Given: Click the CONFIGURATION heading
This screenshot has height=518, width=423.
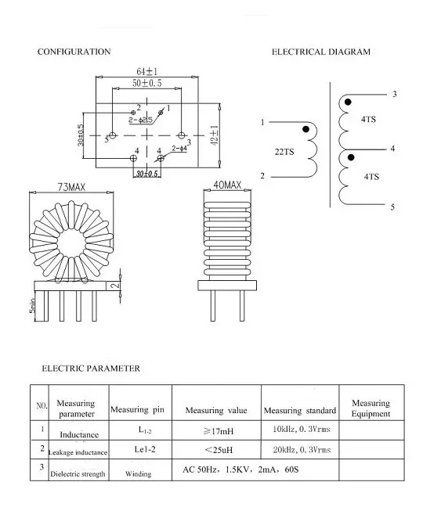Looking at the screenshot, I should pyautogui.click(x=74, y=52).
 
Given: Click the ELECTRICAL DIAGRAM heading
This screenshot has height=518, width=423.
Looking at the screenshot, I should pyautogui.click(x=321, y=52).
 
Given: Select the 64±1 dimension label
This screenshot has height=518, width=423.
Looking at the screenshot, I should pyautogui.click(x=146, y=71).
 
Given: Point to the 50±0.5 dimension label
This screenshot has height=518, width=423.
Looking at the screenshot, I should pyautogui.click(x=146, y=82).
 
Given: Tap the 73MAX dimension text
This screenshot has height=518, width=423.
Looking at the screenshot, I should pyautogui.click(x=71, y=186).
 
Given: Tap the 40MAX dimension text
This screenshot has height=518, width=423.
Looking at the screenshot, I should pyautogui.click(x=227, y=185).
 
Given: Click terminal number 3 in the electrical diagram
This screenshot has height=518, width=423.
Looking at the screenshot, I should pyautogui.click(x=394, y=94).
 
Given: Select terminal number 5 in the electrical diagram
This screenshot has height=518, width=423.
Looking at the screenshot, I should pyautogui.click(x=392, y=207).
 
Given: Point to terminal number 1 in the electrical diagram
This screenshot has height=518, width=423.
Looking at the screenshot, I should pyautogui.click(x=262, y=123).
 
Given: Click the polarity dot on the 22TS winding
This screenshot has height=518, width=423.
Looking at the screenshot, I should pyautogui.click(x=305, y=129).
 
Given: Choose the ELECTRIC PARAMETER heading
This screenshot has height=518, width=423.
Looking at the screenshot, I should pyautogui.click(x=90, y=368).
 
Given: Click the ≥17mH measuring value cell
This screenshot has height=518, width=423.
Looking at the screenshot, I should pyautogui.click(x=215, y=430).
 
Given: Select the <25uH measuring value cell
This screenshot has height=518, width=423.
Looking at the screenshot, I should pyautogui.click(x=215, y=450).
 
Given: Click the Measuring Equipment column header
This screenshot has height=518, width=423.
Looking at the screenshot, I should pyautogui.click(x=371, y=408).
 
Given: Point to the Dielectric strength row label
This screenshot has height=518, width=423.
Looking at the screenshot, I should pyautogui.click(x=78, y=473).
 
